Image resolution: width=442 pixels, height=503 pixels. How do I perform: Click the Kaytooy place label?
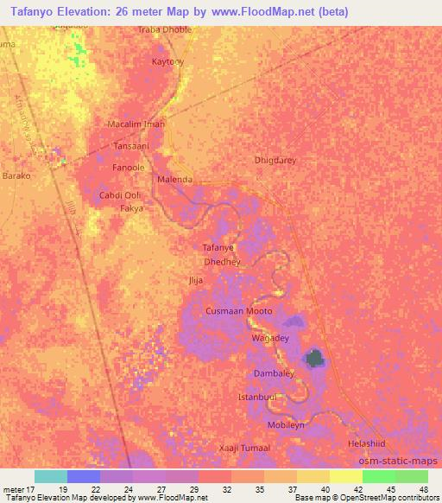167,62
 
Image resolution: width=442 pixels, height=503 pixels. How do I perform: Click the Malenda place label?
174,180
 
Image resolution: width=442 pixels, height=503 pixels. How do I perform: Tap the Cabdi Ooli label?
120,195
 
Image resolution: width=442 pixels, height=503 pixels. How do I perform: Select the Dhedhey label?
221,261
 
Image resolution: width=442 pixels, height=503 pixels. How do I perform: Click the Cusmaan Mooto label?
239,311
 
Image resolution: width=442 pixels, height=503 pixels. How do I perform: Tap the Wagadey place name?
268,338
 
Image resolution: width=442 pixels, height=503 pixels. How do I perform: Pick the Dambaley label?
275,373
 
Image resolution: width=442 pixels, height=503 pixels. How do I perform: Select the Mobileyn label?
287,426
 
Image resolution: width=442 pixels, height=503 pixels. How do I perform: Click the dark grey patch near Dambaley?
315,358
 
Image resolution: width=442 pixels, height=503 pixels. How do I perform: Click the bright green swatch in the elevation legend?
378,476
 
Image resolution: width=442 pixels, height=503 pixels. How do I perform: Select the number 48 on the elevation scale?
424,489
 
